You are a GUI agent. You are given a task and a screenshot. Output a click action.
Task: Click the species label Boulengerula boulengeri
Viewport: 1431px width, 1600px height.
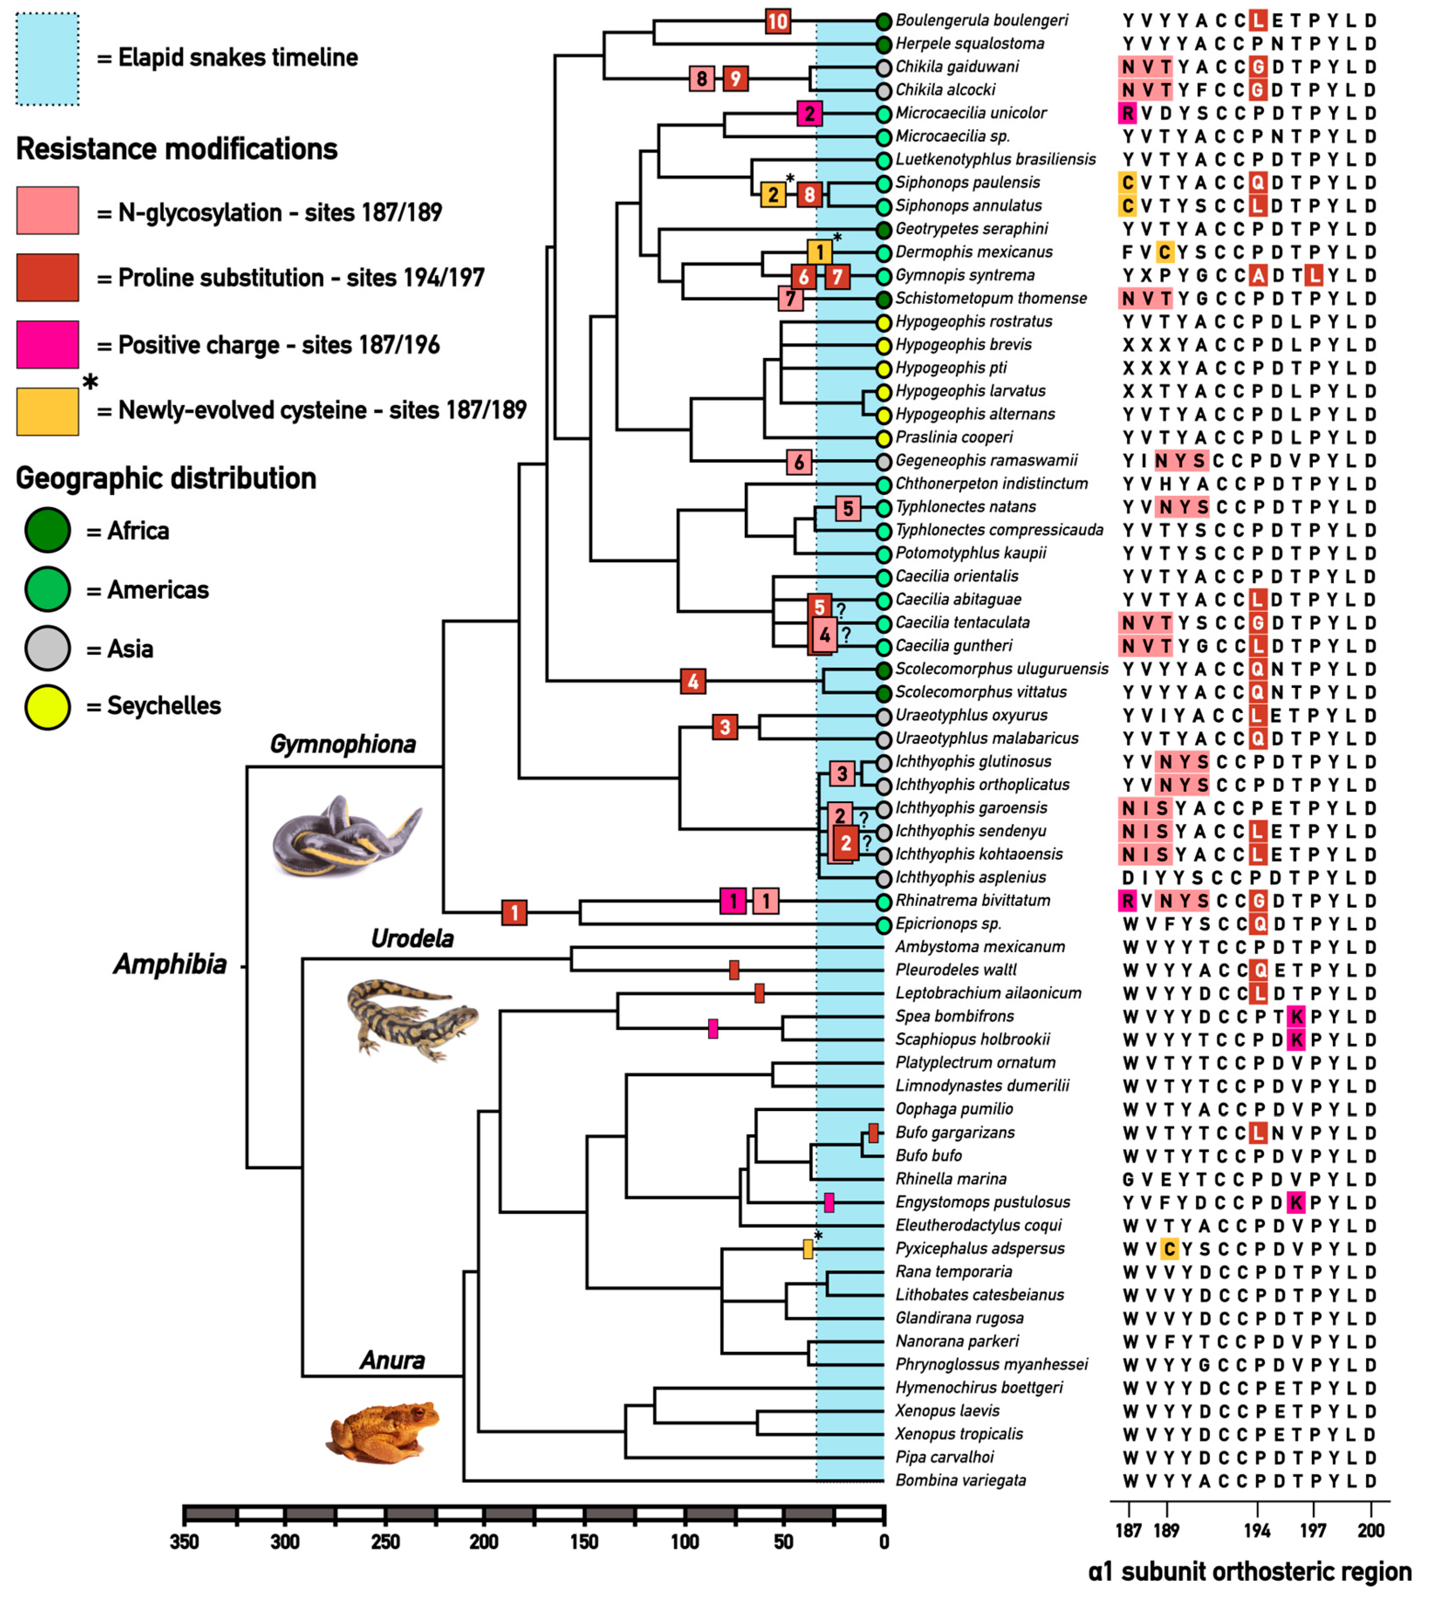pyautogui.click(x=981, y=21)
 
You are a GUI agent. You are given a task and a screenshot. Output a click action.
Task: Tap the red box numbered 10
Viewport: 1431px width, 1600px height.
pyautogui.click(x=778, y=21)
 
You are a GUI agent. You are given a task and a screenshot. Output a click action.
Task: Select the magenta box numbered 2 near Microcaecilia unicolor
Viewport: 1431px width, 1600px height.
pyautogui.click(x=809, y=113)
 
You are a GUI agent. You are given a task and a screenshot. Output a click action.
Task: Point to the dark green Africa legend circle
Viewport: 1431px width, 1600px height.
pyautogui.click(x=47, y=530)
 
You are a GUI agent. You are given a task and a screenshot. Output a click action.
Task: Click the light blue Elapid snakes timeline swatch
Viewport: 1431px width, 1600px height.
pyautogui.click(x=47, y=59)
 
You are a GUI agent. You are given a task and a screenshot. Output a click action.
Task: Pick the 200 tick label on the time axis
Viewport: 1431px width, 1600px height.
pyautogui.click(x=484, y=1542)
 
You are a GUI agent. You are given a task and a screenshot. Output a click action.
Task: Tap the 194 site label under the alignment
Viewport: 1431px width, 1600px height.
pyautogui.click(x=1257, y=1530)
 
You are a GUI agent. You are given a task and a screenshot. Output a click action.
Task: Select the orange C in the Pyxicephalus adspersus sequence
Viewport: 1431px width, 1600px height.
pyautogui.click(x=1169, y=1248)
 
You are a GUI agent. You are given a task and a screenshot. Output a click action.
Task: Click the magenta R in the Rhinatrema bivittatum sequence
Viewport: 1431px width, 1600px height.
pyautogui.click(x=1127, y=901)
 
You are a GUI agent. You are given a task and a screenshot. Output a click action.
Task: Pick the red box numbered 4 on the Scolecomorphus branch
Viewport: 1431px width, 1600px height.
pyautogui.click(x=693, y=681)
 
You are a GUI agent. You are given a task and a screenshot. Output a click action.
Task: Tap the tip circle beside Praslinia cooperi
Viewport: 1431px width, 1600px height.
pyautogui.click(x=884, y=438)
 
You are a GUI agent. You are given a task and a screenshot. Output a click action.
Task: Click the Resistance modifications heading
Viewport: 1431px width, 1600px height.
pyautogui.click(x=177, y=149)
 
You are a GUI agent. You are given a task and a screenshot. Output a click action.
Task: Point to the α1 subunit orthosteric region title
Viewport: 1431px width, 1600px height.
pyautogui.click(x=1250, y=1572)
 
